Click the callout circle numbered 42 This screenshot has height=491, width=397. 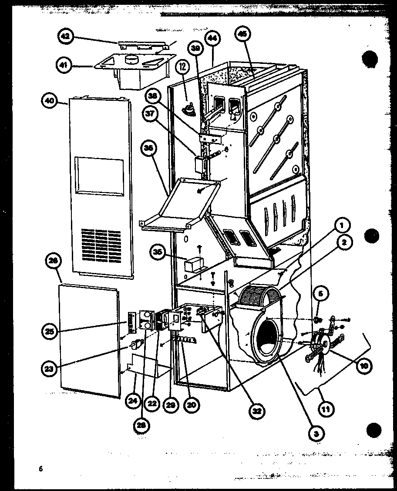(x=65, y=37)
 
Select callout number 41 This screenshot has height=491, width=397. (x=64, y=66)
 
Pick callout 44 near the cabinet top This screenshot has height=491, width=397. (x=212, y=38)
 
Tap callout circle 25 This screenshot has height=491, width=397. (x=50, y=332)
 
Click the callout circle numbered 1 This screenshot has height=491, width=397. (x=342, y=226)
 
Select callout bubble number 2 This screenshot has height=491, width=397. (x=344, y=243)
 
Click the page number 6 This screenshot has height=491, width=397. (x=40, y=468)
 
